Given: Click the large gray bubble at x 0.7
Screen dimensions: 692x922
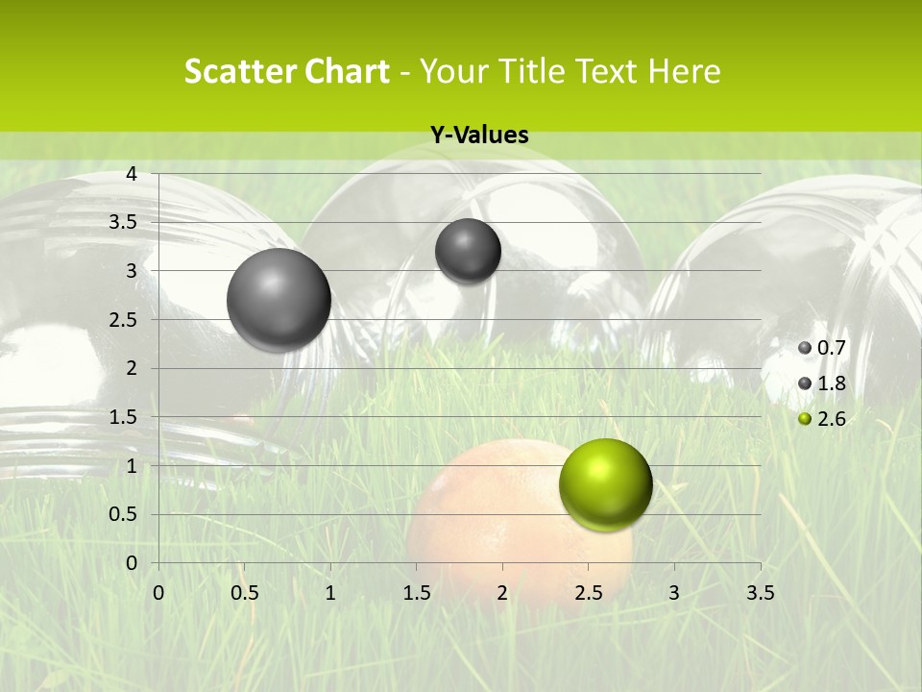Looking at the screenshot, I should (x=279, y=299).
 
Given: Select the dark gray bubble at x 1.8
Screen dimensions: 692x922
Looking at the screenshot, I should (x=468, y=251).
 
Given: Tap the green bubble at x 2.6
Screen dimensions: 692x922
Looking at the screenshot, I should (x=605, y=484).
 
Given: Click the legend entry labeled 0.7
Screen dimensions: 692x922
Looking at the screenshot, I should (x=822, y=347).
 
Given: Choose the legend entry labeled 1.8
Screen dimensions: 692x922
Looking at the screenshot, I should (x=822, y=383).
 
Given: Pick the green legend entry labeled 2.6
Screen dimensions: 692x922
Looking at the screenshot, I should (x=822, y=419).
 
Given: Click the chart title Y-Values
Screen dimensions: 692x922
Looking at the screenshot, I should (x=479, y=136).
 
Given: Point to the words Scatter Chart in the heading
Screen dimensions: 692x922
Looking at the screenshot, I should (x=286, y=71).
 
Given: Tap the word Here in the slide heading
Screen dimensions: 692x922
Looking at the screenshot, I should (x=683, y=71).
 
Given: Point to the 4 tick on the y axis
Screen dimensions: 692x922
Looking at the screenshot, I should (x=133, y=174).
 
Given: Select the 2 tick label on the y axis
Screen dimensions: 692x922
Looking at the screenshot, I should (x=133, y=368).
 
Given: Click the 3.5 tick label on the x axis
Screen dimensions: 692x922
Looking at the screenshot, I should (x=760, y=593).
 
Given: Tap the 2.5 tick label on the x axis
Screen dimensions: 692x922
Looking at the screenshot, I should (x=588, y=593).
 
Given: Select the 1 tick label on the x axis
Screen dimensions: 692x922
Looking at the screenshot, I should (x=330, y=593).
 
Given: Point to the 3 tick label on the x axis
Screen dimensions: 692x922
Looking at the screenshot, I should (x=674, y=593).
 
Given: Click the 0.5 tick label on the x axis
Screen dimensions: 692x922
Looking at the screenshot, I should (x=244, y=593).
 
